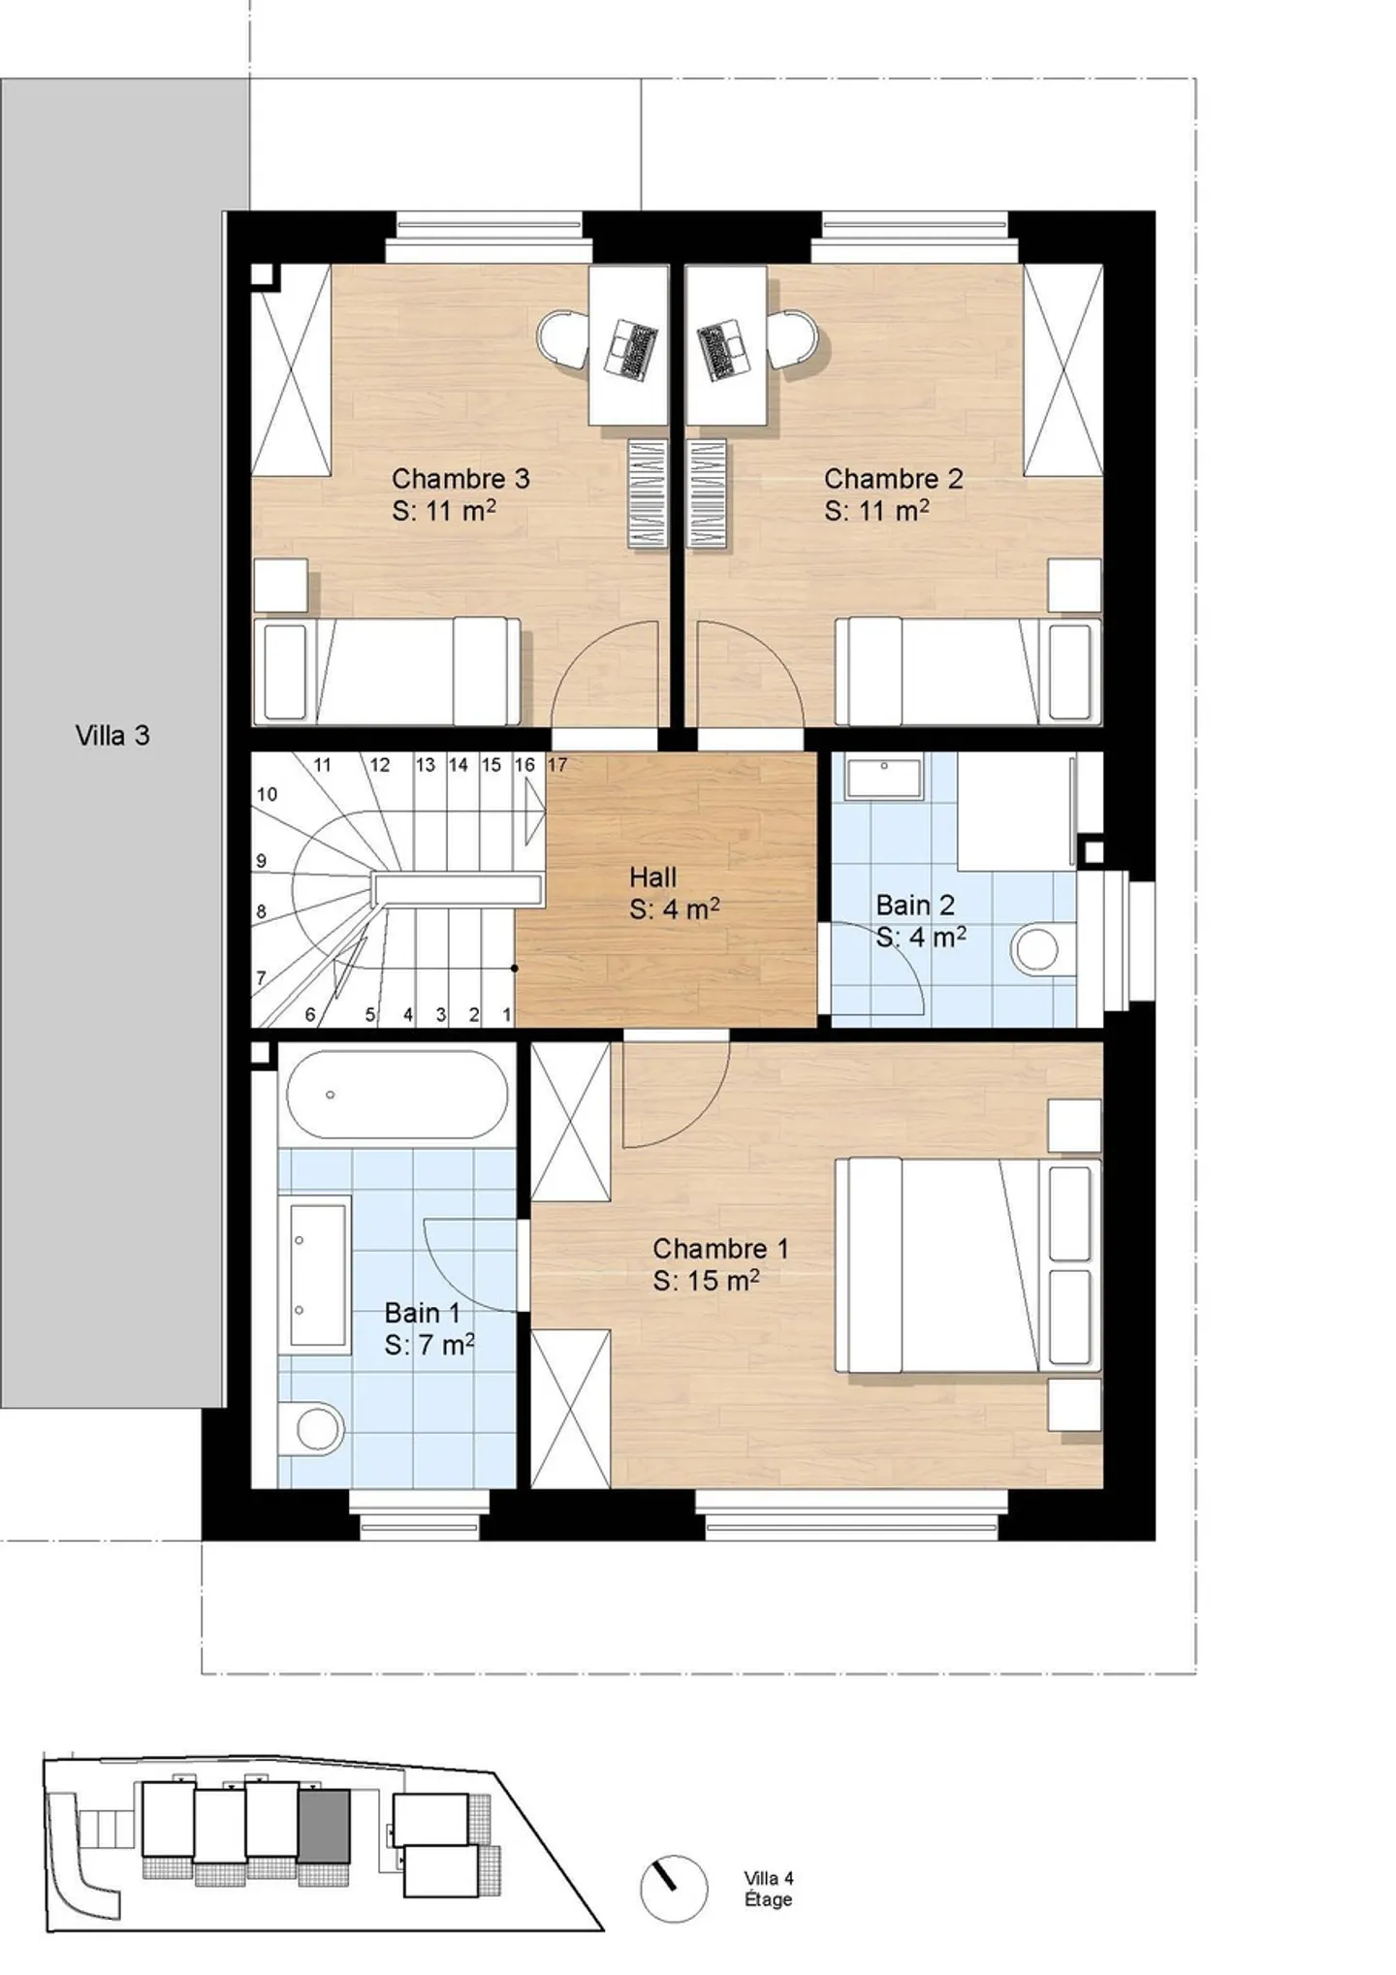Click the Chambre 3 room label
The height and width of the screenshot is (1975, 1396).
tap(460, 479)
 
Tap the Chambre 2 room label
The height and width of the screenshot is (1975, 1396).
tap(893, 479)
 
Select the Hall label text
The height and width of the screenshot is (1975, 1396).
tap(652, 877)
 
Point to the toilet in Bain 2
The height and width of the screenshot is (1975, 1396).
tap(1039, 949)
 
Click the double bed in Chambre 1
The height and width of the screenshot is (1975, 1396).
tap(968, 1265)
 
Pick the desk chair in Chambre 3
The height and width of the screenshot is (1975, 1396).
tap(563, 338)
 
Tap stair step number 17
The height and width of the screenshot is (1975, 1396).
tap(557, 765)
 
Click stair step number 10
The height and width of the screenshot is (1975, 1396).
tap(267, 794)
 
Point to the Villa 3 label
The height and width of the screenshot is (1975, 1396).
tap(112, 736)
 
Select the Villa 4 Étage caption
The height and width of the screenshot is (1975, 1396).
tap(769, 1890)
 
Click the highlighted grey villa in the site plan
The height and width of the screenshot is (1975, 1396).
tap(324, 1826)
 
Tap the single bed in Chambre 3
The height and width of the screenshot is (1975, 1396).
tap(386, 671)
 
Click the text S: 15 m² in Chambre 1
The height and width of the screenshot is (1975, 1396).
tap(706, 1281)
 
